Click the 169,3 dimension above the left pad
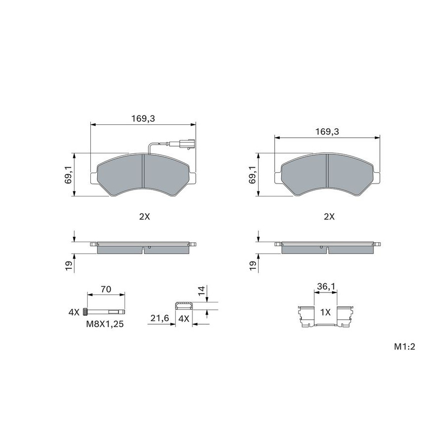[143, 118]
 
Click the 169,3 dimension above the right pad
[327, 132]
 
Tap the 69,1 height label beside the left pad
[69, 175]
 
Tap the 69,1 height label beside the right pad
[253, 175]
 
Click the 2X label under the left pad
[145, 217]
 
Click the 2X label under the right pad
[329, 217]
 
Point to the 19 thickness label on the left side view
[69, 265]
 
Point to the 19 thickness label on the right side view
[253, 265]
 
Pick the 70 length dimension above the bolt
[106, 289]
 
